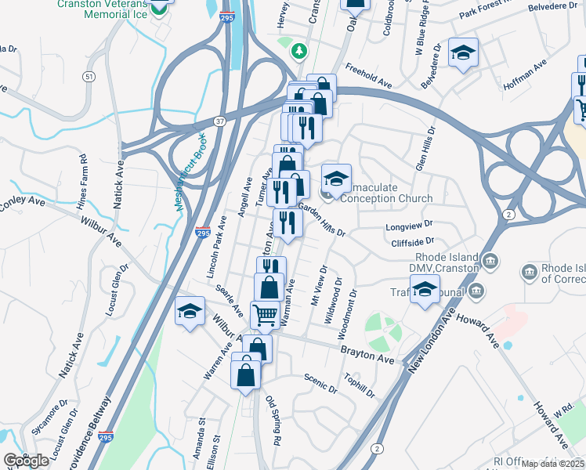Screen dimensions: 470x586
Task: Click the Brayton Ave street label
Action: (x=367, y=356)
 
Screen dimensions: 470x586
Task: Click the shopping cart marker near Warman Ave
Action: (x=265, y=315)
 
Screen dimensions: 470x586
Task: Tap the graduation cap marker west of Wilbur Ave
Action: (x=190, y=312)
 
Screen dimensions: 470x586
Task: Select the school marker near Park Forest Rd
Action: (x=464, y=52)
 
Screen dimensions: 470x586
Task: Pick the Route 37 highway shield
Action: (x=220, y=121)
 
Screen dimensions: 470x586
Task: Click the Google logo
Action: (x=27, y=460)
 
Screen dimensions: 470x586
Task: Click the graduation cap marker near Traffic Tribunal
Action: (x=425, y=291)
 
